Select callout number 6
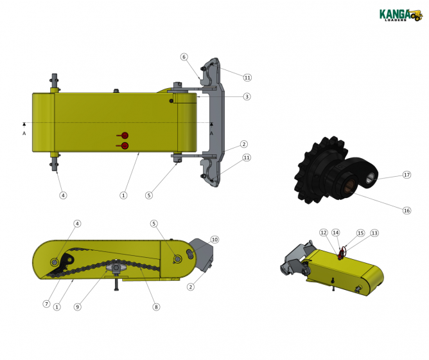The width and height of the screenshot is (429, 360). click(184, 57)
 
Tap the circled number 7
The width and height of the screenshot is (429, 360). click(46, 303)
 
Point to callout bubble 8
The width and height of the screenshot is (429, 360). click(155, 307)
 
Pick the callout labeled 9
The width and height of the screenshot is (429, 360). click(78, 307)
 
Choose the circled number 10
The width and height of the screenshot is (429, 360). click(214, 239)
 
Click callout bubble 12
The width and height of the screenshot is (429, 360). click(324, 233)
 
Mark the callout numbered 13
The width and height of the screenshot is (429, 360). click(374, 233)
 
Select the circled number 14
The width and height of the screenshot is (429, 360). click(335, 233)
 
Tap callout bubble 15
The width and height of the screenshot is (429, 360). click(360, 233)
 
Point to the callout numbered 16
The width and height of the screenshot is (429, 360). click(406, 210)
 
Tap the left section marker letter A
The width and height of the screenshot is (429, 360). click(24, 133)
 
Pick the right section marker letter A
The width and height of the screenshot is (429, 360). click(211, 133)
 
